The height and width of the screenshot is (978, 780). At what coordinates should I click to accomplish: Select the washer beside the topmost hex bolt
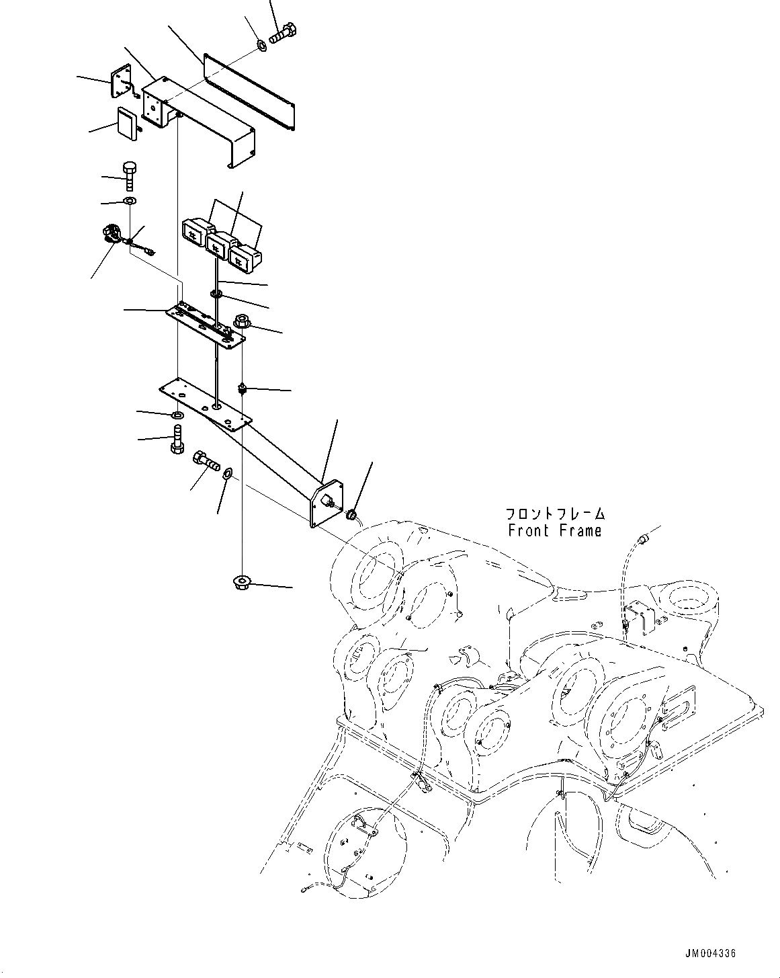(261, 46)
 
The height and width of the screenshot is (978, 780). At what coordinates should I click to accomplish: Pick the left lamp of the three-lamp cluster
(194, 232)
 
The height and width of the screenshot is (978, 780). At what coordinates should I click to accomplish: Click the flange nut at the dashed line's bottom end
(241, 583)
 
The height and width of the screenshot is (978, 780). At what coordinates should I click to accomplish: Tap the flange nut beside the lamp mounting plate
(241, 323)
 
